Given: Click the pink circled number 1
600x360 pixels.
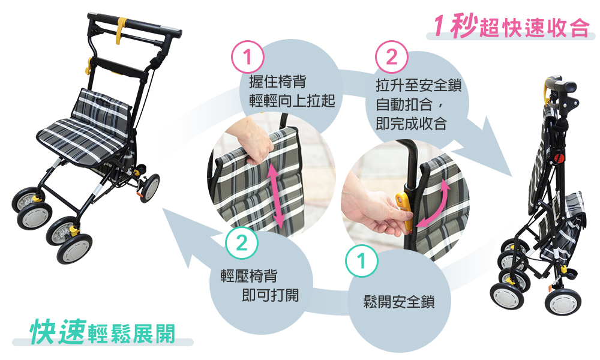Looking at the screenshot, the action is [x=248, y=57].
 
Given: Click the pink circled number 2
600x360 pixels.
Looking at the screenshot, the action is [x=391, y=57].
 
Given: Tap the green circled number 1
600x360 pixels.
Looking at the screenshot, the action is [x=362, y=261].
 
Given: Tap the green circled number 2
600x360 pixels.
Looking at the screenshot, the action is [x=241, y=243].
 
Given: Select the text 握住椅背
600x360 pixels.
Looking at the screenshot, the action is [x=278, y=82].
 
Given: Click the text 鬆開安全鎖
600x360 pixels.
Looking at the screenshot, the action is [x=399, y=301].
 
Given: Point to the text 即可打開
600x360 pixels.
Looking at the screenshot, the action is [x=270, y=295].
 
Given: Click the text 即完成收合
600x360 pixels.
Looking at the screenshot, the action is [x=412, y=123].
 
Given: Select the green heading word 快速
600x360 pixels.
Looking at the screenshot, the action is [x=58, y=331].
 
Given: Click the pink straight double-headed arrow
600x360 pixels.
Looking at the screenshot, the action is [x=275, y=194].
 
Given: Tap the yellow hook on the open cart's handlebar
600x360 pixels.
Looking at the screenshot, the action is [x=121, y=30].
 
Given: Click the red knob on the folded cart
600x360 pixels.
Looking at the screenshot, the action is [x=560, y=158].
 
